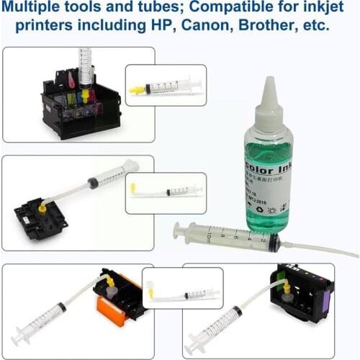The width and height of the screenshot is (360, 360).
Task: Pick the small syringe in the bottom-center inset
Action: tap(191, 294)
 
